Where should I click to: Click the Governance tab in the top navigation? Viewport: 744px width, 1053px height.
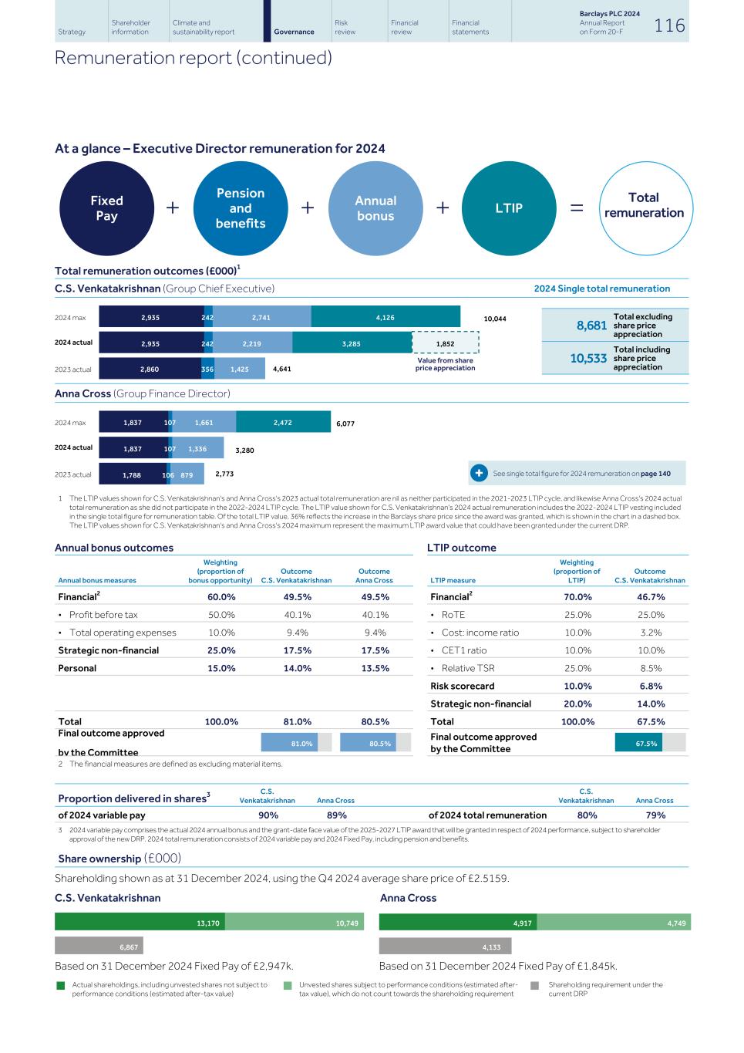pos(294,32)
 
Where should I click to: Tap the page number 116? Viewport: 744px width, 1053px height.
pos(669,25)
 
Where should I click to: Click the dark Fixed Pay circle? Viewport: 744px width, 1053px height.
pos(106,208)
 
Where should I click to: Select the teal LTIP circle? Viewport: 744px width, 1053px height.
pos(509,208)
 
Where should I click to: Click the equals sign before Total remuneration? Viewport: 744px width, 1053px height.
pos(577,208)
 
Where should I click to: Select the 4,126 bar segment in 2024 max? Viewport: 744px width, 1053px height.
pos(385,317)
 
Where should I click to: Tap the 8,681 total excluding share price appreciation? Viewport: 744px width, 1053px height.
pos(591,326)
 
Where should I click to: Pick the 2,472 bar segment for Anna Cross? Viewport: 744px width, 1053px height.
pos(283,423)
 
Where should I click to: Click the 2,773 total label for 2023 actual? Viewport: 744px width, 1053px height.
pos(224,474)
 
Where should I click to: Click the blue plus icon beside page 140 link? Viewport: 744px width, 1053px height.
pos(478,474)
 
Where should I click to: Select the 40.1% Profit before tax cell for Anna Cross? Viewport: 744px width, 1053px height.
pos(374,615)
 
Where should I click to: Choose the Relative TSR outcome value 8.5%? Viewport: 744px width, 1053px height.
pos(651,668)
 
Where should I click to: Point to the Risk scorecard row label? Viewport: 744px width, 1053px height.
pos(463,686)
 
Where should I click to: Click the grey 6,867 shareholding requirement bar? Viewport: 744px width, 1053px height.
pos(99,947)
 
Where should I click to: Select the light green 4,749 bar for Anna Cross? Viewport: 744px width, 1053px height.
pos(614,923)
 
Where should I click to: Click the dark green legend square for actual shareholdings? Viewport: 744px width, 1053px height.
pos(61,985)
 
